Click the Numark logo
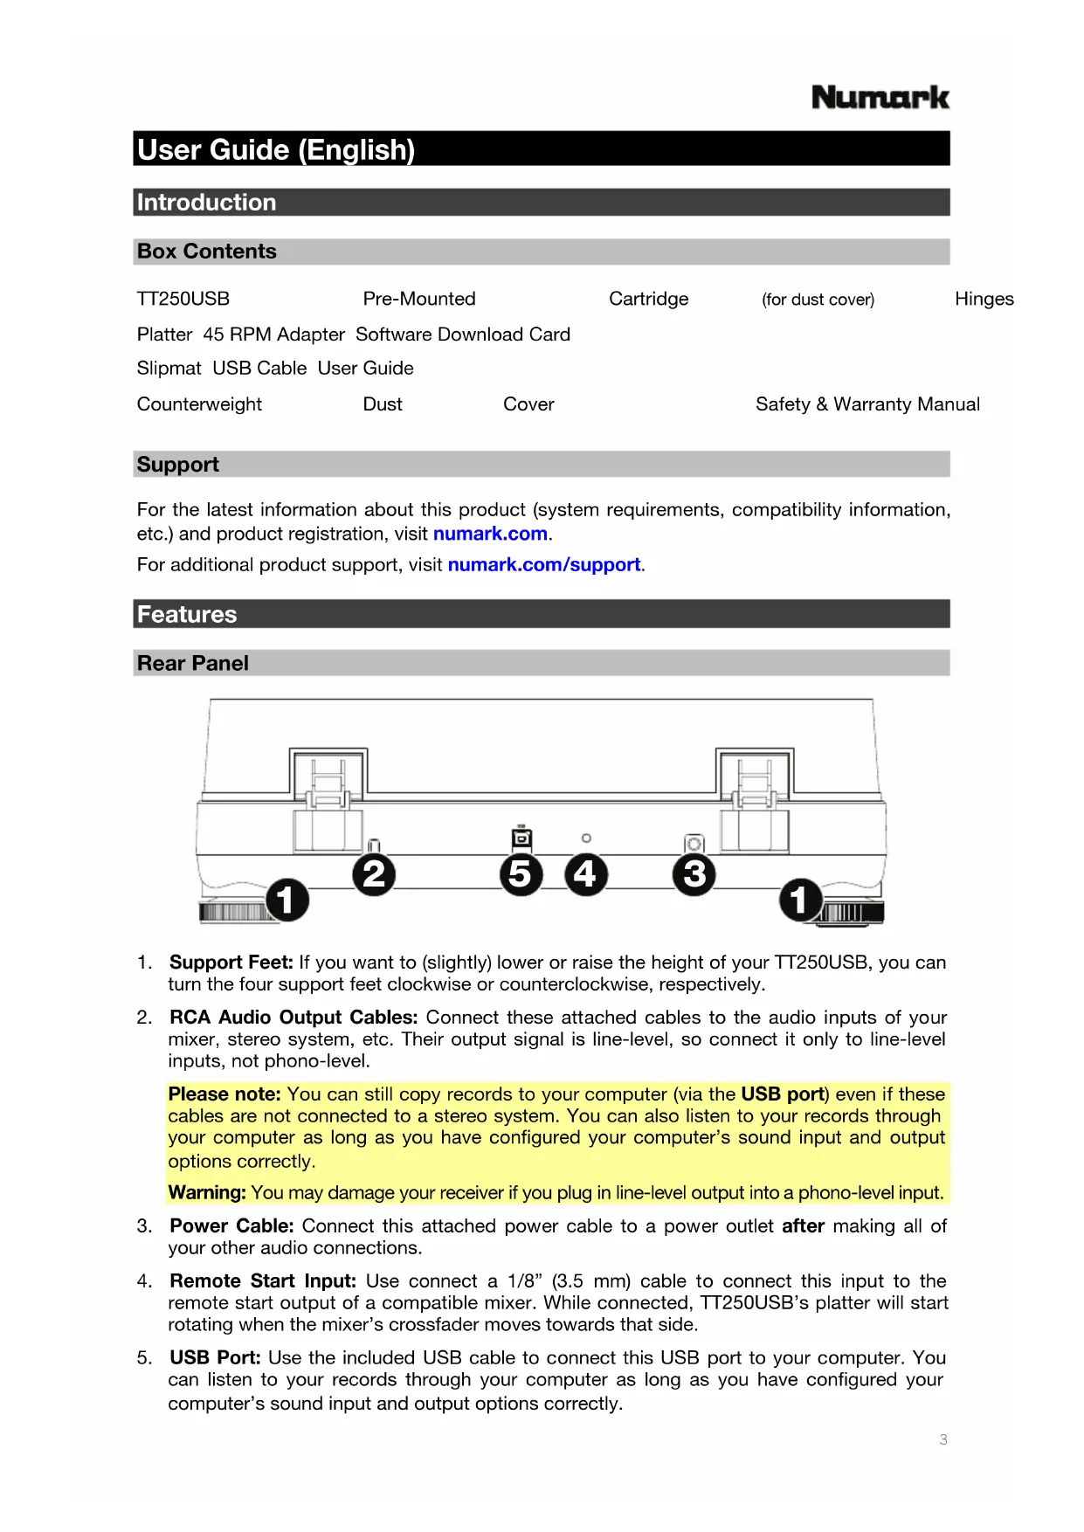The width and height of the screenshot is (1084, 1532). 880,97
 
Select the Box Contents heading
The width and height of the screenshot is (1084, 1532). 207,252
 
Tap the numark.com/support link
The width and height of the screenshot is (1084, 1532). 544,565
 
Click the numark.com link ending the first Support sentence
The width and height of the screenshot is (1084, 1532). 490,534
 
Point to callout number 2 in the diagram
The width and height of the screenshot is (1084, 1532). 374,874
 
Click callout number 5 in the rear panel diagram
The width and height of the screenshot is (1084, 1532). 521,874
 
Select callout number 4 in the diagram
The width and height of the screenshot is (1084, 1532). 585,874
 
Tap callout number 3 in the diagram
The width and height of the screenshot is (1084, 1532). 694,874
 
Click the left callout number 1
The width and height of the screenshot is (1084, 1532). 287,900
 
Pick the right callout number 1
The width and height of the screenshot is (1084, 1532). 800,900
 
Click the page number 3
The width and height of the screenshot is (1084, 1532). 943,1439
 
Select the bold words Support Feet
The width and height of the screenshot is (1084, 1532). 231,963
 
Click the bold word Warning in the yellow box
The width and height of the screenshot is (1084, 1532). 207,1193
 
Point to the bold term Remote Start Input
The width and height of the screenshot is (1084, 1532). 263,1281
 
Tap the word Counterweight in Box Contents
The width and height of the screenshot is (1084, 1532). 199,404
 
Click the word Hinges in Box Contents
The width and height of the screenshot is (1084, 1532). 984,300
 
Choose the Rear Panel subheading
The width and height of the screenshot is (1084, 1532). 193,664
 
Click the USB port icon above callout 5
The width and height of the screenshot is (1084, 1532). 521,838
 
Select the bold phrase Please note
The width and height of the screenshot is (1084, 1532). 224,1094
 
